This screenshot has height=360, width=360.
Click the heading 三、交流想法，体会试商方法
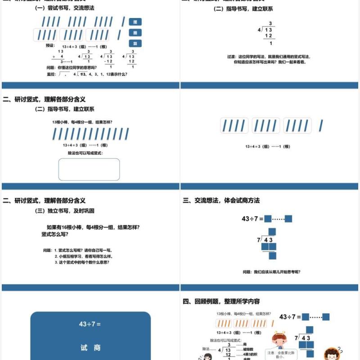(221, 201)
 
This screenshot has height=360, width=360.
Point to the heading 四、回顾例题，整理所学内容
(221, 301)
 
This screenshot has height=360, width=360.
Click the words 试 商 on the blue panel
(90, 347)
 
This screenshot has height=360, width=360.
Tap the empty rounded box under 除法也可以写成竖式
(89, 169)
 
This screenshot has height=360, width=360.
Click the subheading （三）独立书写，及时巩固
(65, 211)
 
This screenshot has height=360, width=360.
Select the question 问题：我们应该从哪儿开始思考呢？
(271, 272)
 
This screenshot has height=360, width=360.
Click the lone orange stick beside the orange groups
(272, 323)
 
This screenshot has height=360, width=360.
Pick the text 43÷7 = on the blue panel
(90, 324)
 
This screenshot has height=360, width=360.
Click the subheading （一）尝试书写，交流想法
(65, 8)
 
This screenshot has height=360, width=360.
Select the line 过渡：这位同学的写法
(269, 57)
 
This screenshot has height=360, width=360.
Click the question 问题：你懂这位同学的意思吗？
(72, 67)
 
